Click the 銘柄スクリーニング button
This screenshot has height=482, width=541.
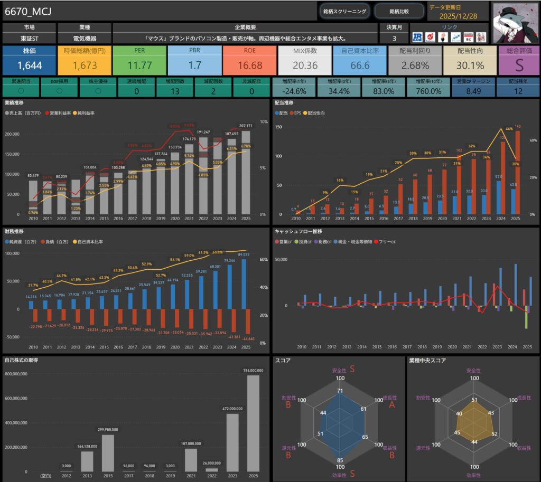click(x=344, y=11)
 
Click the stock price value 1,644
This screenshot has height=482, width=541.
click(x=30, y=65)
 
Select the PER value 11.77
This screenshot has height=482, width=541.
click(x=139, y=65)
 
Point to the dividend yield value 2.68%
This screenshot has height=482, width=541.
click(x=415, y=65)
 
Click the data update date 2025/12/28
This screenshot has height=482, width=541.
click(x=458, y=16)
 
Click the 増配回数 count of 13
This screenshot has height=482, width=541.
click(x=175, y=91)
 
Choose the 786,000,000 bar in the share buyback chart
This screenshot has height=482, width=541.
click(x=253, y=422)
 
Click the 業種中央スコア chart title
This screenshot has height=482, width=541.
click(x=427, y=361)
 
